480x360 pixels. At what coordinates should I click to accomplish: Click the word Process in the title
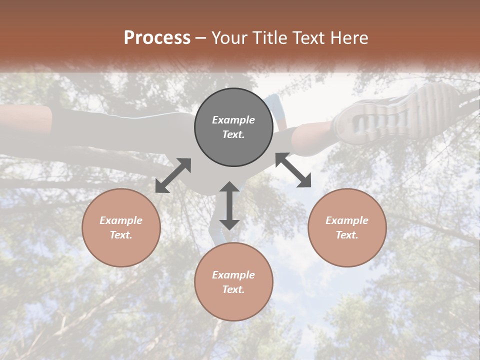[157, 38]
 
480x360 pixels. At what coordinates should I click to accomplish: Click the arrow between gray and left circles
[173, 175]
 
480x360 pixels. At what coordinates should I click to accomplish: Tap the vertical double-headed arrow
[229, 205]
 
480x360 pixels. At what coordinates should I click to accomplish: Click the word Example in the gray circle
[233, 120]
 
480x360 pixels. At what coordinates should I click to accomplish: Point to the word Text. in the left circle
[121, 235]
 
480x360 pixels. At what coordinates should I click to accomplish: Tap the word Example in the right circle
[347, 220]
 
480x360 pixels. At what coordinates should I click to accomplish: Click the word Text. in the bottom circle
[233, 289]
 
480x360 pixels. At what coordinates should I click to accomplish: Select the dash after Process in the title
[201, 38]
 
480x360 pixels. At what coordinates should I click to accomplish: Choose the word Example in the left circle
[121, 220]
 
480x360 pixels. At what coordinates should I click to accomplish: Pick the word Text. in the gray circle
[233, 134]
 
